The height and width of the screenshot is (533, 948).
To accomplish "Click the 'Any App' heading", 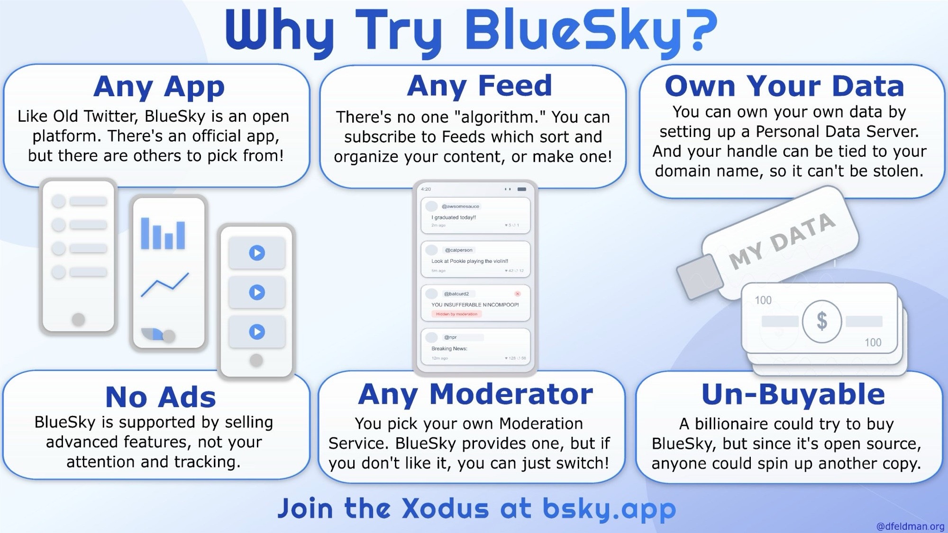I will point(159,88).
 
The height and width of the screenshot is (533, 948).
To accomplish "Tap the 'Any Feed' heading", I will point(479,86).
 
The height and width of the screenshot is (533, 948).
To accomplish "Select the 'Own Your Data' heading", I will point(784,86).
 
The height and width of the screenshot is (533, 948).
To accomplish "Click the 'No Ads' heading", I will point(160,397).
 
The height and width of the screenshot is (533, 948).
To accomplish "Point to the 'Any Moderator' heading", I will point(475,394).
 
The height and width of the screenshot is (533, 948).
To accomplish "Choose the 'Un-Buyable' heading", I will point(793,394).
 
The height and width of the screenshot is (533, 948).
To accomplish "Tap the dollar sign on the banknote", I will point(822,321).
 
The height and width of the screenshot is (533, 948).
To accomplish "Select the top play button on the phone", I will point(257,253).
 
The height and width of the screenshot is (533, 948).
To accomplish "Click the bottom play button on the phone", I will point(257,332).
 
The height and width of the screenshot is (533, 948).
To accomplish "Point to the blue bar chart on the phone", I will point(163,234).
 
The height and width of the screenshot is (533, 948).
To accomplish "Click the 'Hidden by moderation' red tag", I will point(456,314).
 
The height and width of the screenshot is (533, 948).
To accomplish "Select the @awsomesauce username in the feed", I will point(460,207).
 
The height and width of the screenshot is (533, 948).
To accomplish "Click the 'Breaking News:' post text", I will point(449,349).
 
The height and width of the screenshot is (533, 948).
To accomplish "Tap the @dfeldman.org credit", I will point(910,526).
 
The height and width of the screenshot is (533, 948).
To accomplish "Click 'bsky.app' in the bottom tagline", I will point(609,509).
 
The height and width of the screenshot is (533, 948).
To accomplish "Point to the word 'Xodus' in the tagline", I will point(445,509).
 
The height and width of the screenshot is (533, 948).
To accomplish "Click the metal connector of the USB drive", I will point(699,277).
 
